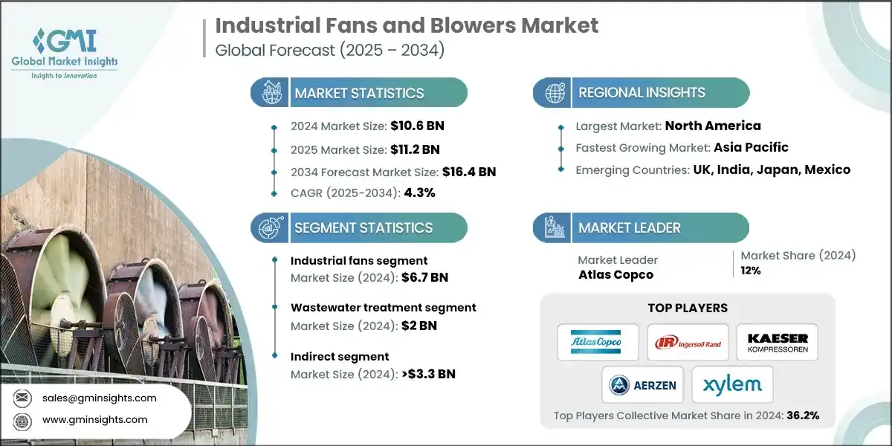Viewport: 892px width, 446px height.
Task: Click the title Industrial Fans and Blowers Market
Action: pos(407,26)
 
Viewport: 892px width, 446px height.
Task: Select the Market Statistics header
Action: pos(358,93)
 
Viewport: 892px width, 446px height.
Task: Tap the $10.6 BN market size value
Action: pos(416,126)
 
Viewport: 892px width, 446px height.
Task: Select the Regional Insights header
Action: pos(641,93)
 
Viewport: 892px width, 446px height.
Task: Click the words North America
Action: pos(712,126)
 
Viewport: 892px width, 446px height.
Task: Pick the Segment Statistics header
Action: pos(363,227)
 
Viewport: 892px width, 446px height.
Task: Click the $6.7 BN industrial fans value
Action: pos(424,278)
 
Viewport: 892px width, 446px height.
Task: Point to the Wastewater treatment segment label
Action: pos(383,307)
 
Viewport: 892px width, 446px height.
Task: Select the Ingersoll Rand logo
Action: pos(688,343)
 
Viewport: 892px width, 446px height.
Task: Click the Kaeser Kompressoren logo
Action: pos(777,343)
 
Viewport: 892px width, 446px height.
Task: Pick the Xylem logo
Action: pos(732,384)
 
